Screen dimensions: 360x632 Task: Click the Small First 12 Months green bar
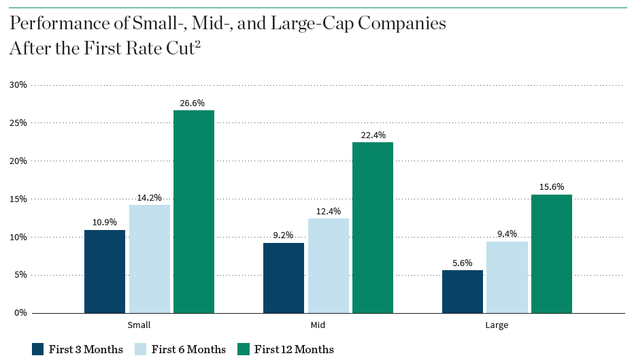[x=194, y=212]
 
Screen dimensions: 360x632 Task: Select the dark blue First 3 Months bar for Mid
[x=283, y=278]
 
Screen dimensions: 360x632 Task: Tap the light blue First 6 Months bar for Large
[x=507, y=277]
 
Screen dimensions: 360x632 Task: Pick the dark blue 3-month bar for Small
[x=105, y=272]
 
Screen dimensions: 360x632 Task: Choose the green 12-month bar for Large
[x=551, y=254]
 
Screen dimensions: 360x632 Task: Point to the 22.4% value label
[x=372, y=135]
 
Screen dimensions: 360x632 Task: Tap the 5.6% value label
[x=462, y=263]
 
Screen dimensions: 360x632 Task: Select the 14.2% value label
[x=149, y=197]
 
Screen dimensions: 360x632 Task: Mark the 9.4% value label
[x=507, y=233]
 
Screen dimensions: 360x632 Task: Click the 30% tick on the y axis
[x=18, y=85]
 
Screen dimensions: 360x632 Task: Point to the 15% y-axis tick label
[x=18, y=199]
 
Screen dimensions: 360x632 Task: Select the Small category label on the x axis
[x=139, y=325]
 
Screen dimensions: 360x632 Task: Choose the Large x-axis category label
[x=497, y=325]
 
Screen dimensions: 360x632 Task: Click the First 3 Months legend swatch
[x=37, y=349]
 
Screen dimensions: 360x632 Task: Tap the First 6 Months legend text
[x=188, y=350]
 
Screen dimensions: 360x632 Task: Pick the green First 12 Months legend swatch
[x=244, y=349]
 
